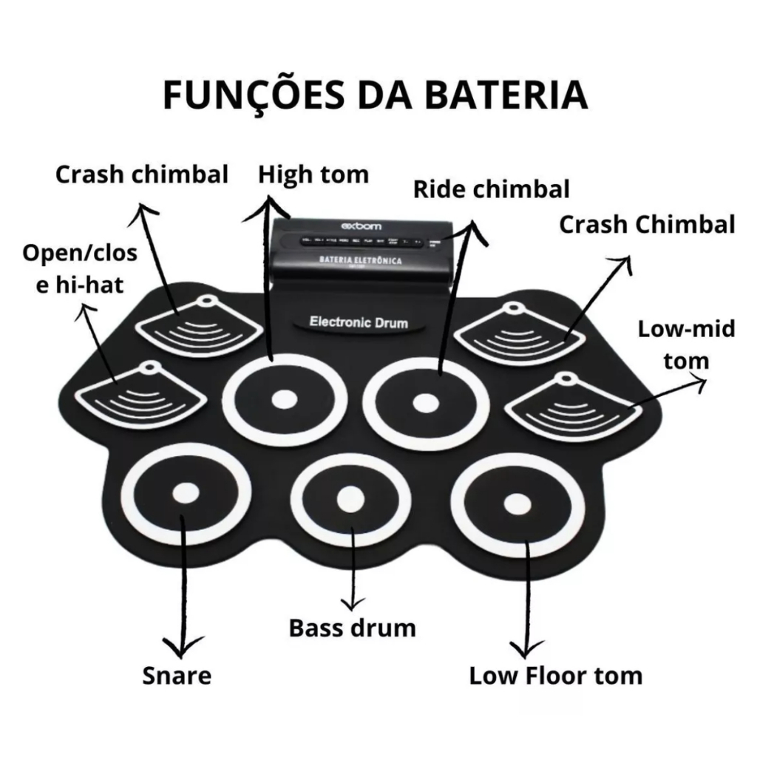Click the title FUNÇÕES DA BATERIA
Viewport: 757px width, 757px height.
tap(375, 96)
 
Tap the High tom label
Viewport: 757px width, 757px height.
tap(313, 174)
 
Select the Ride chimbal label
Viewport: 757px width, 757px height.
tap(492, 189)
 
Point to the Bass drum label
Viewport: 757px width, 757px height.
tap(352, 628)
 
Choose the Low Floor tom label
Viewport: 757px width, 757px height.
tap(556, 675)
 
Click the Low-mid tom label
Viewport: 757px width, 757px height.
tap(687, 344)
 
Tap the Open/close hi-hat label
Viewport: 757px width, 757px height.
tap(80, 268)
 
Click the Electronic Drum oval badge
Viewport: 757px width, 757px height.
tap(358, 322)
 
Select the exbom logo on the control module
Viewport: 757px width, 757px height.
tap(359, 225)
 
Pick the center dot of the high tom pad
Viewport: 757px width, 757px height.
tap(283, 400)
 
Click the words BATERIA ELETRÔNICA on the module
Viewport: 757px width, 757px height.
tap(360, 262)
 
